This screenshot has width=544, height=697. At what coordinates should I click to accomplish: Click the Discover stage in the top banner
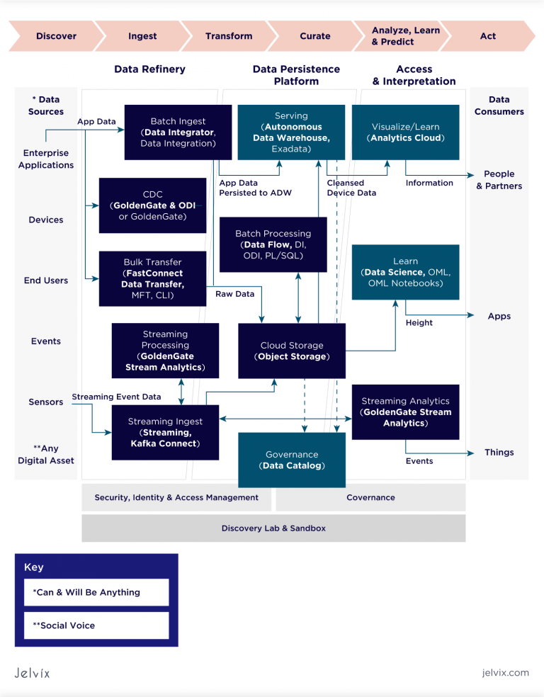click(x=55, y=36)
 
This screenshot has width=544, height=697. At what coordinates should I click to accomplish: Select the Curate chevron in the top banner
click(x=314, y=36)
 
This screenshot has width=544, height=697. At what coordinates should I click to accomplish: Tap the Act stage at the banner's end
click(x=488, y=36)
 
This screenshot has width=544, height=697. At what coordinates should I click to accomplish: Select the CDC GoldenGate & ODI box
click(x=152, y=205)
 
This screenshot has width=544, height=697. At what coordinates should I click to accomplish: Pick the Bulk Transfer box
click(x=152, y=278)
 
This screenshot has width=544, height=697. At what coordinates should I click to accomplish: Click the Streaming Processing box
click(x=165, y=351)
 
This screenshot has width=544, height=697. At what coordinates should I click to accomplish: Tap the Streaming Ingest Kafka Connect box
click(x=165, y=432)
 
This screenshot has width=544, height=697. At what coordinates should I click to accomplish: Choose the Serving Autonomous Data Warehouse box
click(x=291, y=132)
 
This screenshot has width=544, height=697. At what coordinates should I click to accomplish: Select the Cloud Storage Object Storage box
click(x=291, y=351)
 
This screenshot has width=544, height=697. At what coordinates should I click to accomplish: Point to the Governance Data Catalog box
click(x=291, y=460)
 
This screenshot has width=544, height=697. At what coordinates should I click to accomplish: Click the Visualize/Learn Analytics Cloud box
click(x=405, y=132)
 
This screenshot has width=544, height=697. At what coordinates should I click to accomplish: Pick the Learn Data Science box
click(x=405, y=272)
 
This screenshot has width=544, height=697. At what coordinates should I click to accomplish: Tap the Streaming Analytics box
click(x=405, y=412)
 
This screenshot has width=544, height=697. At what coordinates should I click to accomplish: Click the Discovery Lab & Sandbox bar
click(x=273, y=528)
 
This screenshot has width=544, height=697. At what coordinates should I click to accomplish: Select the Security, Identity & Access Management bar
click(x=176, y=497)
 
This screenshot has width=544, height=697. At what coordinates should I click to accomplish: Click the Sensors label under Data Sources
click(x=46, y=402)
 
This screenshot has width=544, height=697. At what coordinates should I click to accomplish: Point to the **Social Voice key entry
click(x=96, y=625)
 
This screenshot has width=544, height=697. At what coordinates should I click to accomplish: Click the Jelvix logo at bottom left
click(x=33, y=672)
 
